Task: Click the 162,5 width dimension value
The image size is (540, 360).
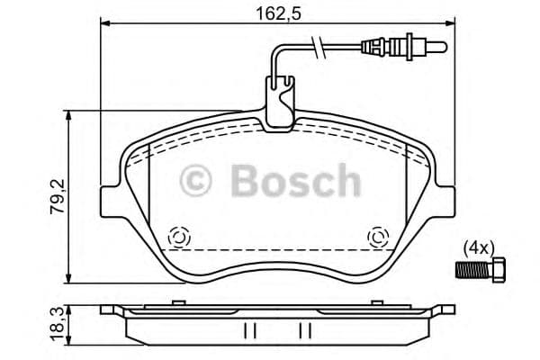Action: point(274,13)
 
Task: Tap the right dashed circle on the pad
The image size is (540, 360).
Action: point(377,238)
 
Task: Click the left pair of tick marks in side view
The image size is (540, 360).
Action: point(251,330)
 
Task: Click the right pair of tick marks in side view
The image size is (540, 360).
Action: point(305,330)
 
